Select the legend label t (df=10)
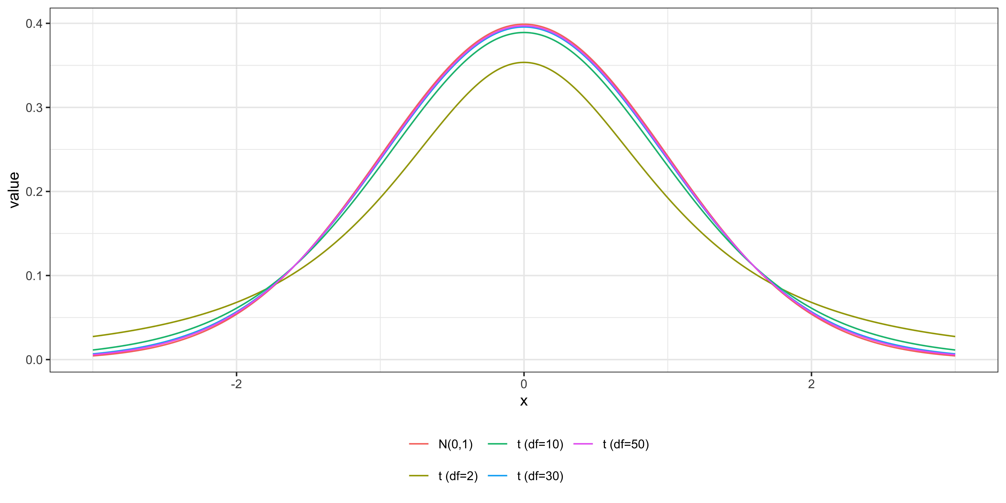(x=540, y=444)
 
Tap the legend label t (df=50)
(x=626, y=444)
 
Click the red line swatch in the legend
(x=419, y=444)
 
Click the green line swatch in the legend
(x=498, y=444)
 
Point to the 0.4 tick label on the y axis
(x=34, y=24)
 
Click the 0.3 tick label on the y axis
(x=34, y=108)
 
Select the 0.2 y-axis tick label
(x=34, y=192)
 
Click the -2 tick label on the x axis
(x=236, y=384)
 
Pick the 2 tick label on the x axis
(x=811, y=384)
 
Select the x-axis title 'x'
(x=524, y=401)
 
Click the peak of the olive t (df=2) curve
(x=524, y=62)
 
